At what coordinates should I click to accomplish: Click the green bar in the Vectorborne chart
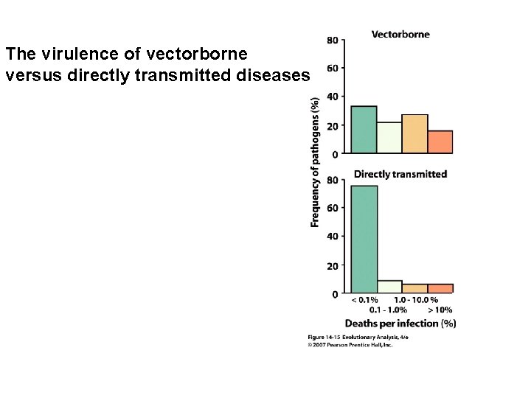point(364,130)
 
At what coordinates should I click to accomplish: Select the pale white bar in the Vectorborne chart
point(389,138)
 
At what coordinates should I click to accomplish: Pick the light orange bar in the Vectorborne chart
point(414,134)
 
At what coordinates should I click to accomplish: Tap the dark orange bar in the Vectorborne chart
point(440,142)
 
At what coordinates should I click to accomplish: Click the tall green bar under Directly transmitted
point(364,239)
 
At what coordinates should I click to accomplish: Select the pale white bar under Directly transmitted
point(389,287)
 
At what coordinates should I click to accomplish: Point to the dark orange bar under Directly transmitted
point(440,288)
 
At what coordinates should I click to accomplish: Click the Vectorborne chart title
point(400,34)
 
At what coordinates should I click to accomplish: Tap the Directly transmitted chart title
point(400,174)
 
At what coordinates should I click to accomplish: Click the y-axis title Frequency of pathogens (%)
point(315,161)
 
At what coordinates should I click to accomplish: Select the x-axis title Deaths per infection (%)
point(400,323)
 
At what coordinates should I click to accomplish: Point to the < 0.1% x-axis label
point(364,300)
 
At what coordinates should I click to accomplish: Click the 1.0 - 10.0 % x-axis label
point(415,300)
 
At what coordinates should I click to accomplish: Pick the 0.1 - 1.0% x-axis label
point(389,310)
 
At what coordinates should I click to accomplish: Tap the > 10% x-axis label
point(440,310)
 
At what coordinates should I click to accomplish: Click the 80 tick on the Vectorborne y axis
point(333,40)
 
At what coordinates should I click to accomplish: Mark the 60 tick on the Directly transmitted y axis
point(333,209)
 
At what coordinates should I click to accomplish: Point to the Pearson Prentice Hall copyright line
point(350,344)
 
